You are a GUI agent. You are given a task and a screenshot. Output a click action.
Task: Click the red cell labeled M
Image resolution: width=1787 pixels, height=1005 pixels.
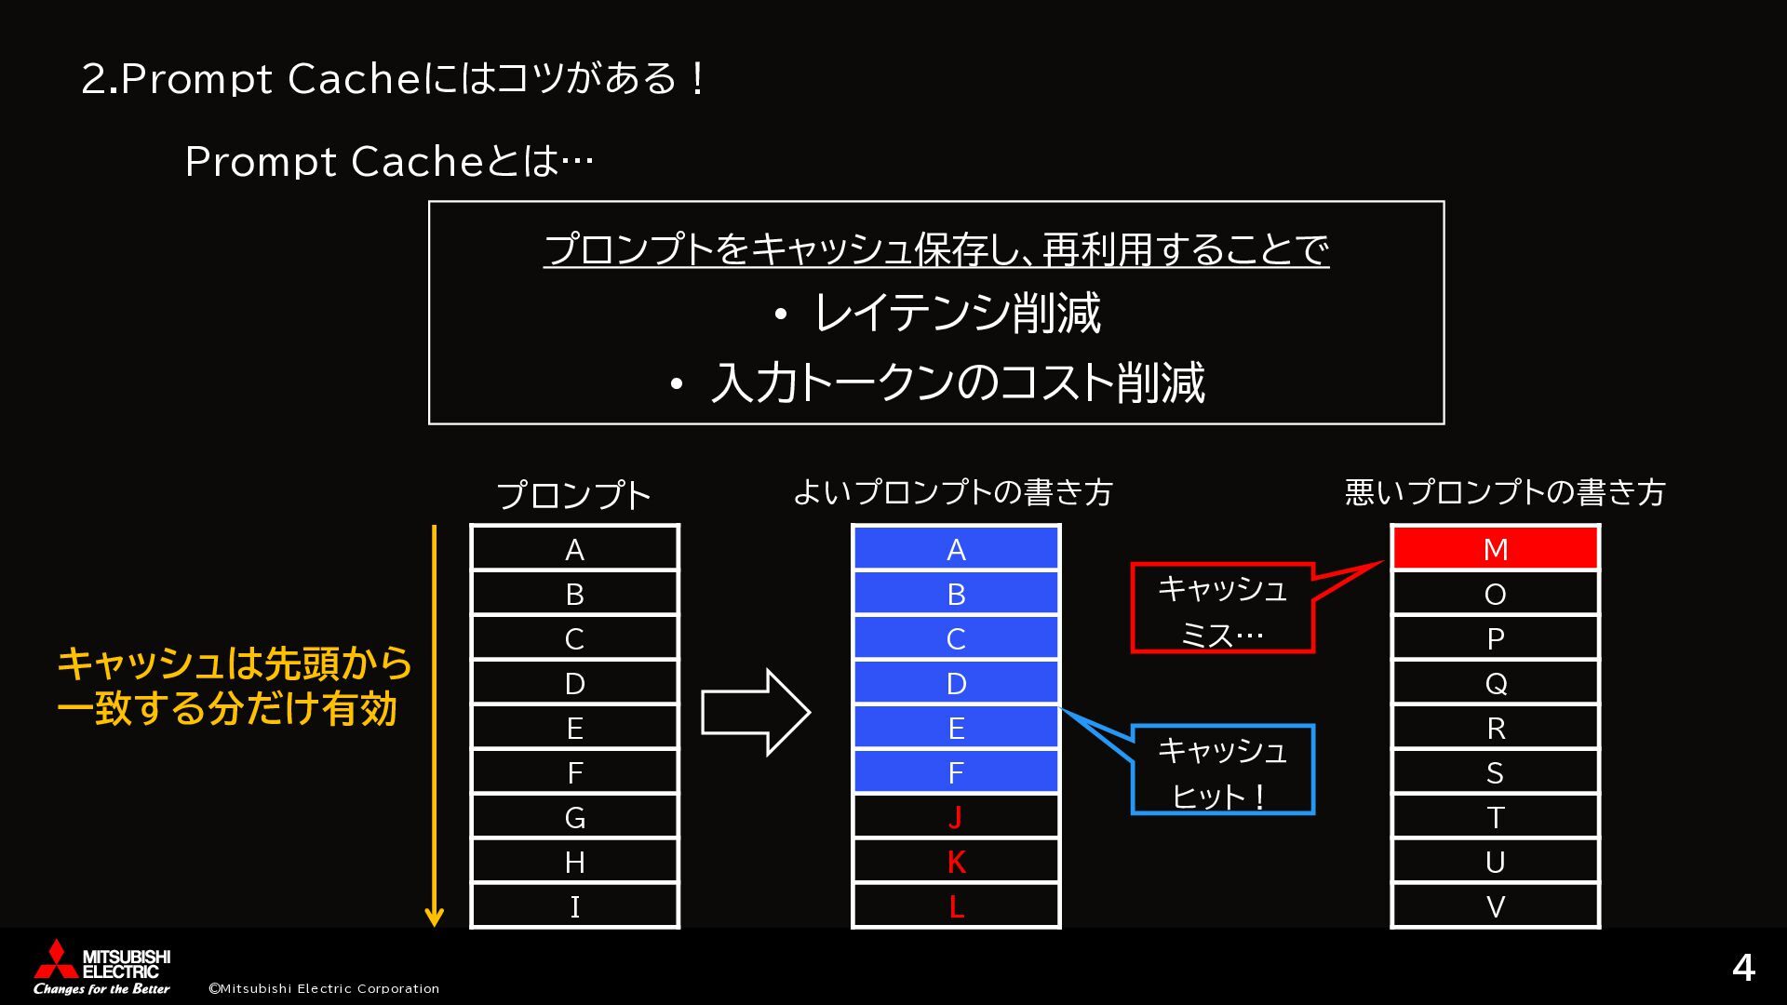click(x=1495, y=549)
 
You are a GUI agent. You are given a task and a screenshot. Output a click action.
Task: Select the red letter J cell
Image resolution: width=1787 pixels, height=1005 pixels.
click(x=956, y=817)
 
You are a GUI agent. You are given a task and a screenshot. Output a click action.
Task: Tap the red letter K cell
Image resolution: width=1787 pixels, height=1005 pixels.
click(x=956, y=862)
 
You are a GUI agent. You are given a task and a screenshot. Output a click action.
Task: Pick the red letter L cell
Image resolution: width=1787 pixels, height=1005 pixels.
click(x=956, y=906)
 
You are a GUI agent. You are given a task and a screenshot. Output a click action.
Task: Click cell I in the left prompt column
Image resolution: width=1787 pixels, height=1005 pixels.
click(x=574, y=906)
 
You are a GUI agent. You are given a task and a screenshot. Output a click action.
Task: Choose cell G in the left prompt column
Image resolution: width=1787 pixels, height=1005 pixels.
click(x=574, y=817)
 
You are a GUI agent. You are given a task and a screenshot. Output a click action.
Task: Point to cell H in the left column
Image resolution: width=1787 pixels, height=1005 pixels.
click(x=574, y=862)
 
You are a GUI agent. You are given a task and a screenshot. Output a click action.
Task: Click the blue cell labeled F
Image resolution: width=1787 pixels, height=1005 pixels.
click(x=956, y=772)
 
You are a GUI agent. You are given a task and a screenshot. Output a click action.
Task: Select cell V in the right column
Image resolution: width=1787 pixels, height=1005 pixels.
click(x=1495, y=906)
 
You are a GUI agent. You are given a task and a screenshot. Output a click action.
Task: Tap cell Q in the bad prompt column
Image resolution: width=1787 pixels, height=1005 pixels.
click(x=1495, y=683)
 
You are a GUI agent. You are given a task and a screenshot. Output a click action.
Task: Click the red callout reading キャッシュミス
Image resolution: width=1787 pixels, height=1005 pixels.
click(x=1222, y=610)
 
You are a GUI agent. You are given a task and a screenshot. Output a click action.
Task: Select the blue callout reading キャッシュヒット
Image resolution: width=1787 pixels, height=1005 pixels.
click(x=1222, y=770)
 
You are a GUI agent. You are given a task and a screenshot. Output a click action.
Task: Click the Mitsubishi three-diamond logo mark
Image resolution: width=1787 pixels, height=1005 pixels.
click(x=56, y=958)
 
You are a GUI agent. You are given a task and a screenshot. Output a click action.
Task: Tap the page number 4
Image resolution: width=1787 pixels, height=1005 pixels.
click(x=1742, y=969)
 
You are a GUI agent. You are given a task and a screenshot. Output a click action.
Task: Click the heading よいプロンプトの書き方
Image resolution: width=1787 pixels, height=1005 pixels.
click(x=953, y=492)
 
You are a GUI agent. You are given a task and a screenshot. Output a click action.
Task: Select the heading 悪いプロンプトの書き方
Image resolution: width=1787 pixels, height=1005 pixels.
click(x=1505, y=492)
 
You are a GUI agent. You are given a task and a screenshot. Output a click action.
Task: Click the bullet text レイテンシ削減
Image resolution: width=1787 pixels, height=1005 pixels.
click(x=957, y=314)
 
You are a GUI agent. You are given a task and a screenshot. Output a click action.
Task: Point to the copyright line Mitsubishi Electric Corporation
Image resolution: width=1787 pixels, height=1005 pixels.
click(x=324, y=988)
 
